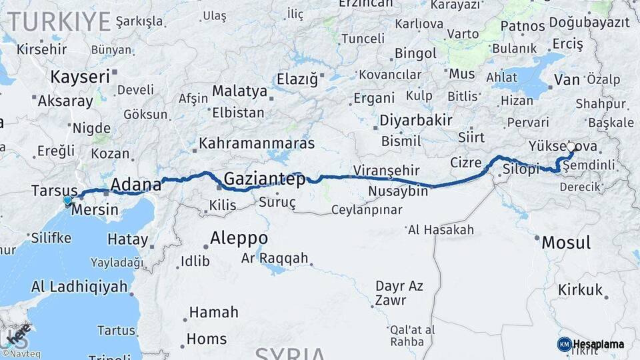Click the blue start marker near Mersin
(67, 200)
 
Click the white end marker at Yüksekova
(571, 146)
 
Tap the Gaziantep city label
(264, 179)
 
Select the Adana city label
(136, 184)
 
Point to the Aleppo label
(239, 237)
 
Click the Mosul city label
(565, 242)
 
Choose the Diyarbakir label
(416, 121)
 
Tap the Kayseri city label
(80, 77)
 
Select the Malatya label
(239, 91)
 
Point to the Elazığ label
(297, 79)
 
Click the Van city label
(566, 80)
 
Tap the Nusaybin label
(398, 192)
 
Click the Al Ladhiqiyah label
(79, 287)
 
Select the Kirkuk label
(580, 290)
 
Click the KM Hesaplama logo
(591, 344)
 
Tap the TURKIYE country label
(59, 21)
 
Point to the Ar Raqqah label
(275, 258)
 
